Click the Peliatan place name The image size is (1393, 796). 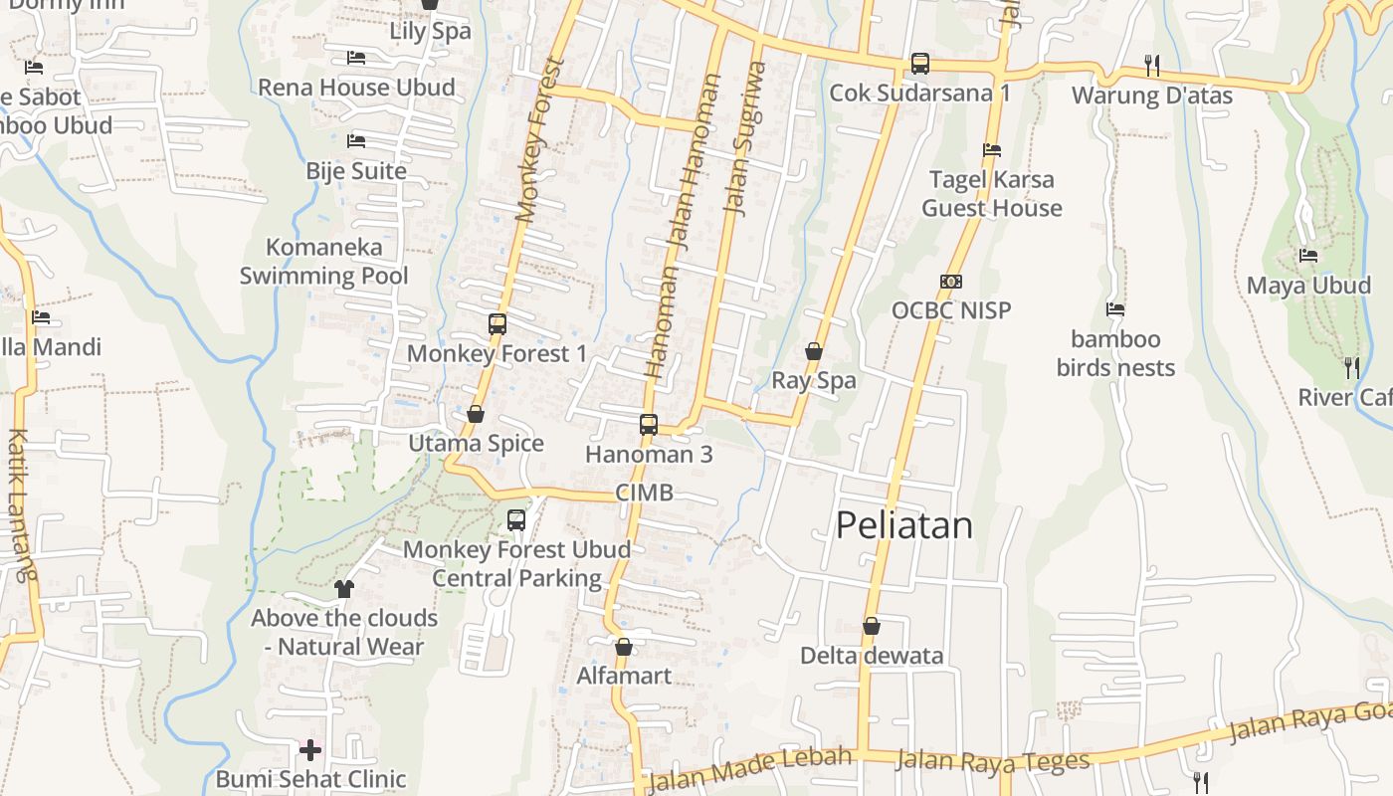903,525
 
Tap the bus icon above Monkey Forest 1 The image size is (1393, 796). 497,324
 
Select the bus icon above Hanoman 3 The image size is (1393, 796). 649,425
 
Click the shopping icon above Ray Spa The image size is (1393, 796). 814,351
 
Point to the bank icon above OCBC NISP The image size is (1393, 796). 951,282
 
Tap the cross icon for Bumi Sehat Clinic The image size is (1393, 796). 310,749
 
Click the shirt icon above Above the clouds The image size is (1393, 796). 344,588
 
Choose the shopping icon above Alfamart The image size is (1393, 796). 624,648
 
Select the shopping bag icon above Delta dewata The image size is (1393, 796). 872,626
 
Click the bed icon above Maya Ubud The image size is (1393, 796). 1308,256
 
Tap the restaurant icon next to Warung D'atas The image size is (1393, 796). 1152,66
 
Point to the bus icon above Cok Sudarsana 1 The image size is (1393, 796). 920,64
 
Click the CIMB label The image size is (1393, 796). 644,493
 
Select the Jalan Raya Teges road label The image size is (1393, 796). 992,762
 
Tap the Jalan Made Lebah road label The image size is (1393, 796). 750,769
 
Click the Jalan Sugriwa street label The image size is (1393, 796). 746,139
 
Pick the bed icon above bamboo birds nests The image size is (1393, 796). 1115,309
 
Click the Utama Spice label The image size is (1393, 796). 476,444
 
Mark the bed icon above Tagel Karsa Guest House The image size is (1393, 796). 992,150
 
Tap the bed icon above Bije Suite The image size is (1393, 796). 355,141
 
